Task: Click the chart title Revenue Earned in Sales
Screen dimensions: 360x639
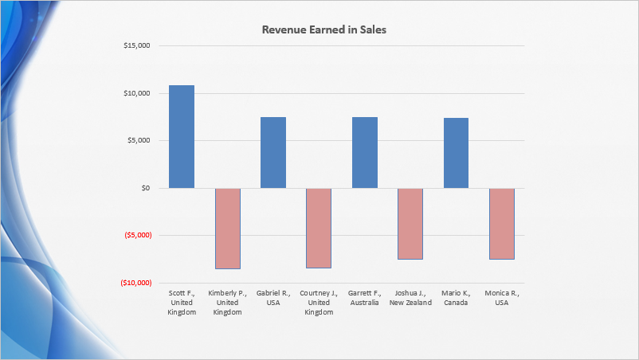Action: tap(324, 29)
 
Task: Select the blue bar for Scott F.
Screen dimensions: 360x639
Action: tap(182, 136)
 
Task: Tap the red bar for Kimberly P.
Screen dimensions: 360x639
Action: tap(227, 229)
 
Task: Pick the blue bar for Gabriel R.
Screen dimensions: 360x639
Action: tap(273, 152)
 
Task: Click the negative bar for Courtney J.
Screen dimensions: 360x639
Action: tap(319, 229)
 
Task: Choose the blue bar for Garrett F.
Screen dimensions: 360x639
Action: tap(365, 152)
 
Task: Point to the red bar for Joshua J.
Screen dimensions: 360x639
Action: tap(410, 224)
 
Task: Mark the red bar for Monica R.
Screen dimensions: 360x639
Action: tap(502, 224)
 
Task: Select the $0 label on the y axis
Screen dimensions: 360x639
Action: tap(144, 188)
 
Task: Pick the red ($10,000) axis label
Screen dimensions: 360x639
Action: tap(135, 283)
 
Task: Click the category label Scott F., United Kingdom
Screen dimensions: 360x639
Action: tap(182, 303)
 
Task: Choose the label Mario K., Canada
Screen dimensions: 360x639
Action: tap(456, 298)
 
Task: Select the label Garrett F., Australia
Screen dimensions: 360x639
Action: tap(365, 298)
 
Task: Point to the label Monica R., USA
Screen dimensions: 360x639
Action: tap(502, 298)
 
